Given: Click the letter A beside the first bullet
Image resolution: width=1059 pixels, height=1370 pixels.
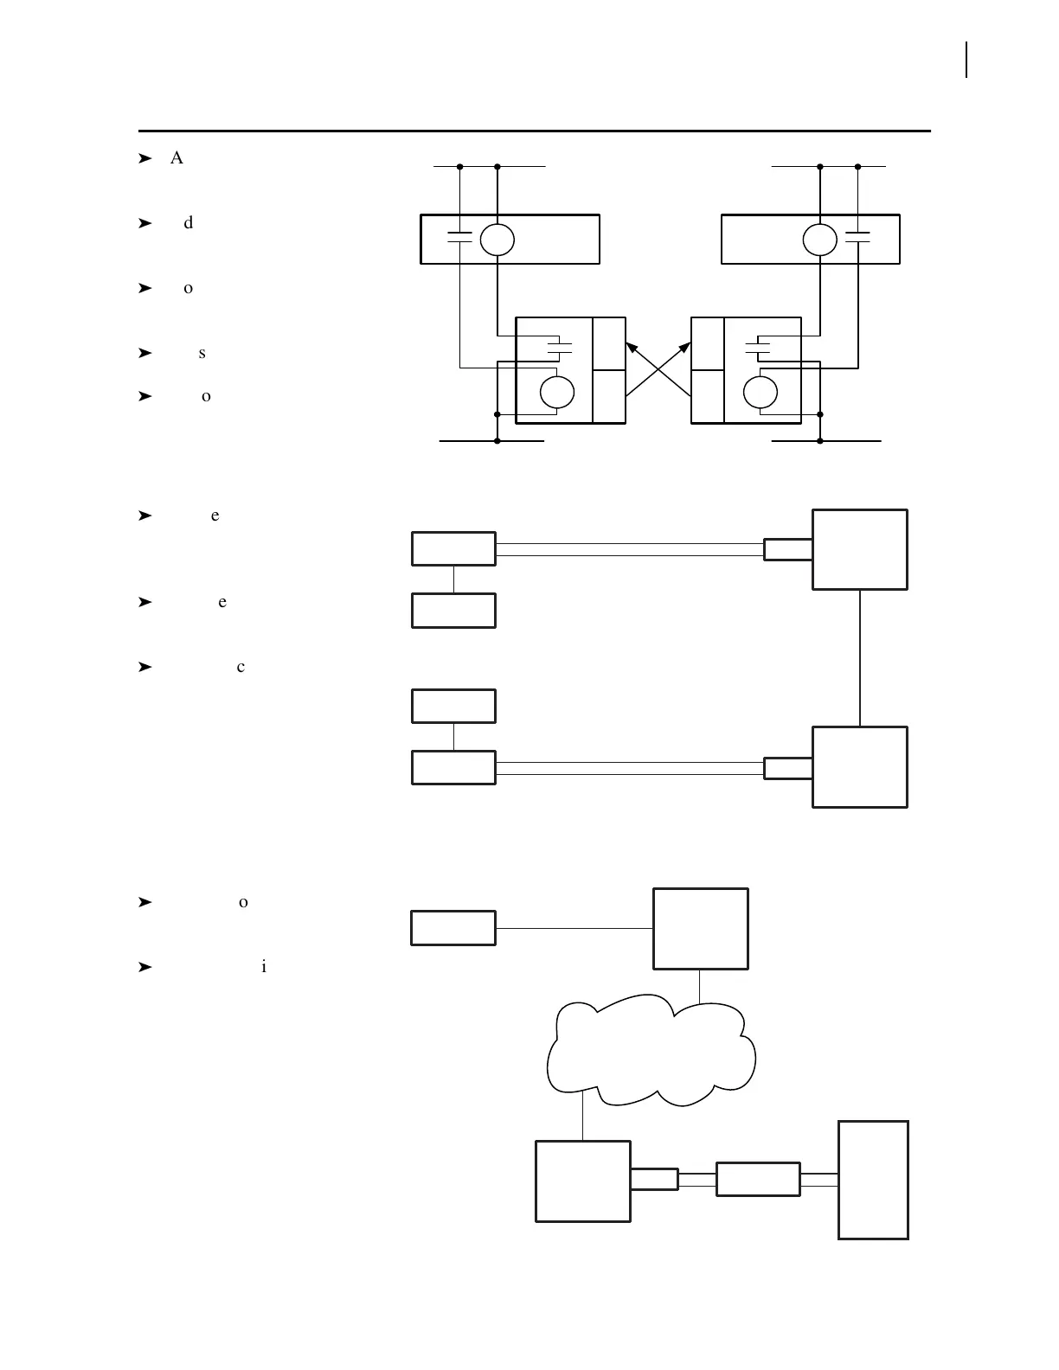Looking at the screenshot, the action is pos(176,157).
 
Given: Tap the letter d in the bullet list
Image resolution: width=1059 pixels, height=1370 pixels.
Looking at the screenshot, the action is pos(189,223).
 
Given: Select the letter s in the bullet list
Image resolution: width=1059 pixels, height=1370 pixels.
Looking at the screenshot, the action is pos(202,353).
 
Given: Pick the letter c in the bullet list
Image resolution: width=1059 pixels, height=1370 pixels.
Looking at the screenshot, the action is pos(241,667).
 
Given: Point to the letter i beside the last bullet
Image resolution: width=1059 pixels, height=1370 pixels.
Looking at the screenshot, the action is pos(263,967).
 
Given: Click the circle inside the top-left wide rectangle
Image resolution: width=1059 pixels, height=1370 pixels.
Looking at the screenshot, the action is pos(497,240).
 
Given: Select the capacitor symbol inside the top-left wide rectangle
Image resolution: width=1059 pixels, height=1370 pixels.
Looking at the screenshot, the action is pos(459,236).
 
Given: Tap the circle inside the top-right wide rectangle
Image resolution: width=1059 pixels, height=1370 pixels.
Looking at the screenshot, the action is pos(819,240).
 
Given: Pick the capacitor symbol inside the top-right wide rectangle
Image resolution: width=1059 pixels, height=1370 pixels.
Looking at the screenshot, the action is pos(857,236).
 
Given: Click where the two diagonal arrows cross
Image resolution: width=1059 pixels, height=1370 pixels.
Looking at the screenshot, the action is pos(658,370).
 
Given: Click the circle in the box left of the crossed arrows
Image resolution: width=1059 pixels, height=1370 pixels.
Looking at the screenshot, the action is pos(556,393).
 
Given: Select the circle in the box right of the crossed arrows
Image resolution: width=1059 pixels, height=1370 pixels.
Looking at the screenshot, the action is pos(761,393).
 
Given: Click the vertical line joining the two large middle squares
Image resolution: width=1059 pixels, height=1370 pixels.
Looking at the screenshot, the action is pos(860,657).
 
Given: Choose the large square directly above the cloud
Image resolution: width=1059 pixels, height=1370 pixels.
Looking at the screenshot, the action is pos(701,929).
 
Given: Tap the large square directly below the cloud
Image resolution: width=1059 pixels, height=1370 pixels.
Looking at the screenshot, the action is pos(583,1181).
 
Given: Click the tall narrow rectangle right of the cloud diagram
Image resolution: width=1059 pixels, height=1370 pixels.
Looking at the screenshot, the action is pos(873,1180).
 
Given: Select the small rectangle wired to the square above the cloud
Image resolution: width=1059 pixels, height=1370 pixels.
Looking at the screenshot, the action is pos(453,928).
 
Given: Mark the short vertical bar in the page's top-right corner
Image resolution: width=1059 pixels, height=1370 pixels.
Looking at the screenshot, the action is pos(966,61).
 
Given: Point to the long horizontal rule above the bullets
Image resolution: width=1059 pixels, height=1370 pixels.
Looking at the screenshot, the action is pos(535,131).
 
